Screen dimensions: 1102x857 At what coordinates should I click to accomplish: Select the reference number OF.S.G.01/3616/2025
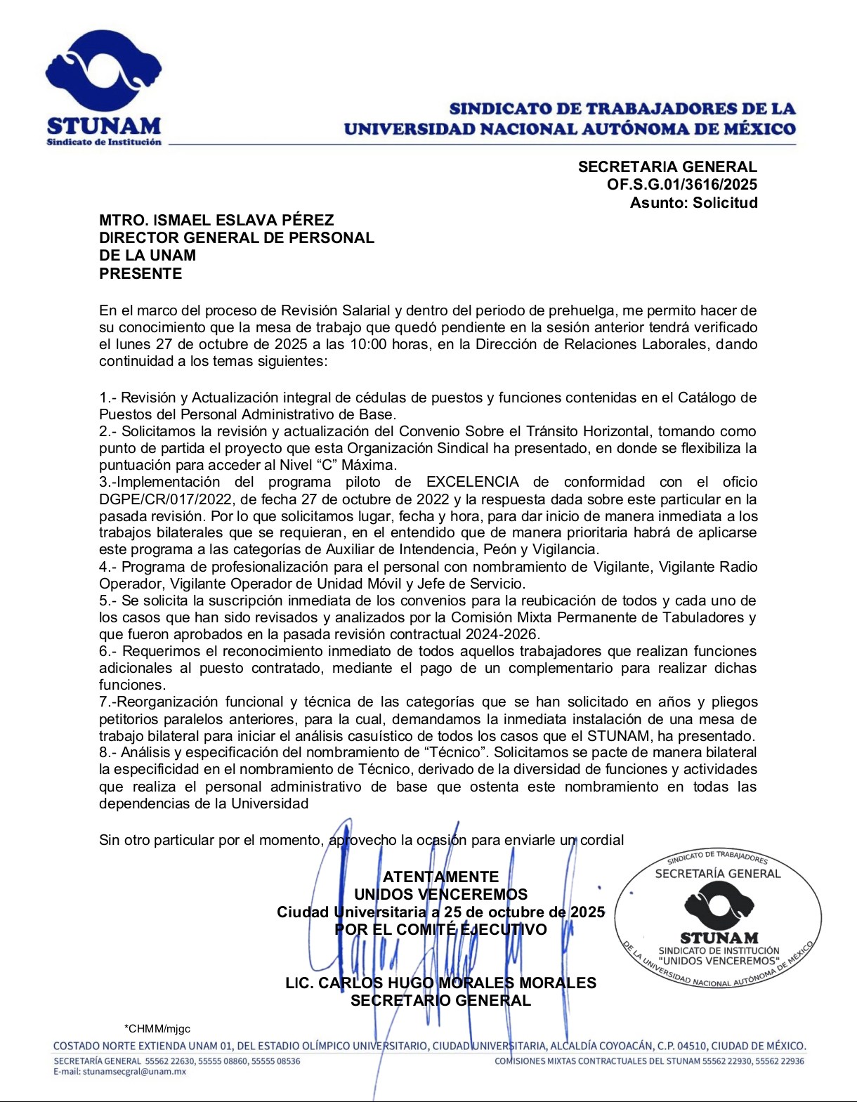(682, 185)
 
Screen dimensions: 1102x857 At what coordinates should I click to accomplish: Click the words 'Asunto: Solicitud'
(693, 203)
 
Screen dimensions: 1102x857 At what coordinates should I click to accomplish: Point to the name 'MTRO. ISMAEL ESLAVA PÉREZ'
(216, 220)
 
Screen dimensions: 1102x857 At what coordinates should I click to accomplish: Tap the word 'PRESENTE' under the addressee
(140, 274)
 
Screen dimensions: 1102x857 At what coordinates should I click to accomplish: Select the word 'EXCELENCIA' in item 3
(473, 482)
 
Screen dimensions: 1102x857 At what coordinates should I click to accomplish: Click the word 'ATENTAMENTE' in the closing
(440, 877)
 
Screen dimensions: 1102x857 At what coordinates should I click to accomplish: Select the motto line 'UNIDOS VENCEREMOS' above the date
(440, 894)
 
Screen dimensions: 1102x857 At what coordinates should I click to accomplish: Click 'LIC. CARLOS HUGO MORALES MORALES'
(440, 983)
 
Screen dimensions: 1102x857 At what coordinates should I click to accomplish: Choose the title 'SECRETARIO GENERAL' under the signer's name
(440, 1000)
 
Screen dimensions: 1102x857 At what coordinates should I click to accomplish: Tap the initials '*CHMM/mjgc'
(157, 1029)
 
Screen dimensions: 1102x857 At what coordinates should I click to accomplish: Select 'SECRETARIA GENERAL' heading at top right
(667, 167)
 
